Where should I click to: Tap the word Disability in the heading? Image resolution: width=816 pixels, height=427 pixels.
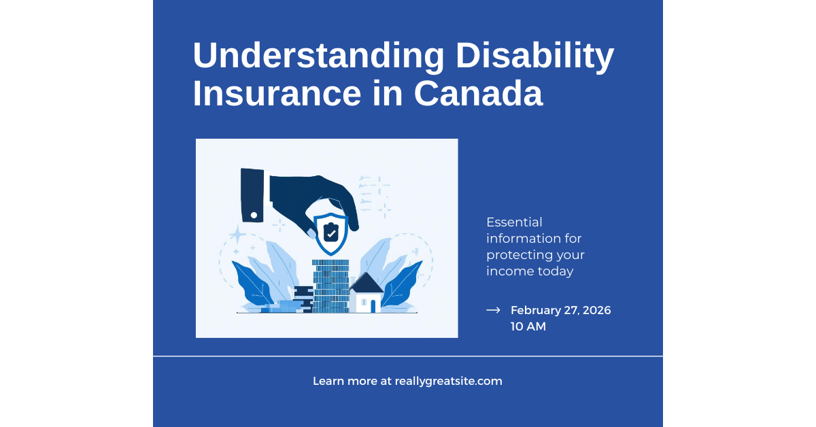pyautogui.click(x=535, y=57)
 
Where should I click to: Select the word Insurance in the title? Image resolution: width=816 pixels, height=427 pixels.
pyautogui.click(x=277, y=94)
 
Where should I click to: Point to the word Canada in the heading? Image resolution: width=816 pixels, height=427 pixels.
pyautogui.click(x=478, y=94)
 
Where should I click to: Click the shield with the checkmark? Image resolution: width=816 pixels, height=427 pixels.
pyautogui.click(x=330, y=233)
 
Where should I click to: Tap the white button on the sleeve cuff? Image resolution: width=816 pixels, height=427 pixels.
pyautogui.click(x=254, y=215)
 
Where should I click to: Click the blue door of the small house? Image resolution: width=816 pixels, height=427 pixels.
pyautogui.click(x=373, y=306)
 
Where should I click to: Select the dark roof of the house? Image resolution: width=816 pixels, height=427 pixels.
pyautogui.click(x=366, y=283)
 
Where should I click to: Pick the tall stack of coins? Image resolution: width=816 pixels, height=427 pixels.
pyautogui.click(x=330, y=286)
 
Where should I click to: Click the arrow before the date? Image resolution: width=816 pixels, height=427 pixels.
pyautogui.click(x=493, y=310)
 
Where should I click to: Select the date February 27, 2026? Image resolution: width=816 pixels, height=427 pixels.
pyautogui.click(x=560, y=310)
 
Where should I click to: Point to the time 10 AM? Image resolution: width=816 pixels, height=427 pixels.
pyautogui.click(x=528, y=326)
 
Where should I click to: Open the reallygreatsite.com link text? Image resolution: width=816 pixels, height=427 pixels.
pyautogui.click(x=448, y=381)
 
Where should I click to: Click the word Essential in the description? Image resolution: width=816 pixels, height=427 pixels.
pyautogui.click(x=514, y=222)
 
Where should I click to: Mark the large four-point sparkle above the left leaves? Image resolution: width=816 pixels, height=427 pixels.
pyautogui.click(x=237, y=235)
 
